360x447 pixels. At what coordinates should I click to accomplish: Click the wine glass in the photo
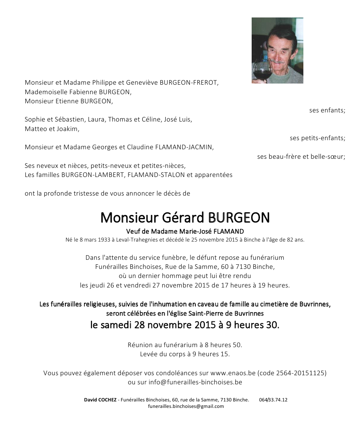coord(261,70)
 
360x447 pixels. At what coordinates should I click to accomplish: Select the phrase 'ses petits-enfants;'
coord(317,138)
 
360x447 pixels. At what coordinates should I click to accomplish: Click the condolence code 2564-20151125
coord(301,373)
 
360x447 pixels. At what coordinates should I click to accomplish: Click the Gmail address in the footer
coord(186,406)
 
